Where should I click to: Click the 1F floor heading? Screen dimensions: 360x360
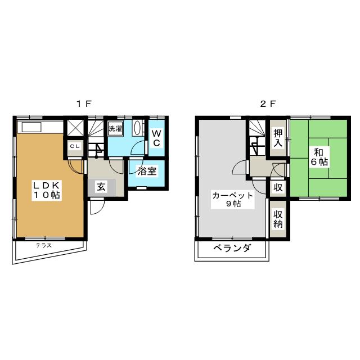84,104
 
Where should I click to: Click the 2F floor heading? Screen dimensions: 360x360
268,104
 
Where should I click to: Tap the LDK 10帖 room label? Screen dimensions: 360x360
47,190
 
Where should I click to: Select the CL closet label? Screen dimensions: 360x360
75,146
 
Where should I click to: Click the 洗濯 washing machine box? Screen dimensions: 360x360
115,128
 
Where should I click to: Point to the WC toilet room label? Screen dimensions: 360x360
156,138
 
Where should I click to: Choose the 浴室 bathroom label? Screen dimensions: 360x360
147,171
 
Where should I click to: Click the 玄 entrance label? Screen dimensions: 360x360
101,187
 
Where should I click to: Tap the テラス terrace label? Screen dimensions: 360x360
44,245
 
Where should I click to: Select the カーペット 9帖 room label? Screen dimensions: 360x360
233,200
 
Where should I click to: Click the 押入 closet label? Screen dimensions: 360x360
278,138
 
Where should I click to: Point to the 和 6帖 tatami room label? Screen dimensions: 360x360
319,157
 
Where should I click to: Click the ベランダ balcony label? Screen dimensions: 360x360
232,247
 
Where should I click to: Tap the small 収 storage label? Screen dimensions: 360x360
278,187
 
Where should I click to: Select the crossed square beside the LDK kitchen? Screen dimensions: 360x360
75,128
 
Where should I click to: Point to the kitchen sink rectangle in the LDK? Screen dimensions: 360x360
31,127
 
